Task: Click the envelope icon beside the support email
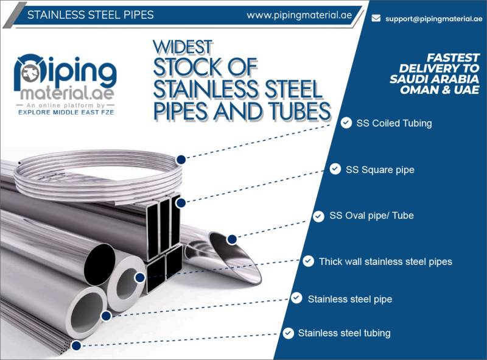[x=376, y=18]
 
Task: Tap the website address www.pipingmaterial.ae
[x=299, y=15]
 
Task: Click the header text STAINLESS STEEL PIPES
[x=90, y=15]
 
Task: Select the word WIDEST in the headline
[x=183, y=47]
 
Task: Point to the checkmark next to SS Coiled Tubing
[x=346, y=123]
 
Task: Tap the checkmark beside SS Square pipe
[x=335, y=169]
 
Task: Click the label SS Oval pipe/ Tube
[x=371, y=216]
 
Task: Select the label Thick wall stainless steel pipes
[x=385, y=261]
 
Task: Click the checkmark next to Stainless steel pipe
[x=296, y=298]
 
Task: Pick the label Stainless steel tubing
[x=344, y=333]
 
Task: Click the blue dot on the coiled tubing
[x=181, y=160]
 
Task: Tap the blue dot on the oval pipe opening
[x=232, y=239]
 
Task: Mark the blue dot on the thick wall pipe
[x=140, y=278]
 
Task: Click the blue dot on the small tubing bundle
[x=76, y=345]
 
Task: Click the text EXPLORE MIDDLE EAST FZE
[x=66, y=112]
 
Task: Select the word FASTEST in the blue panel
[x=453, y=58]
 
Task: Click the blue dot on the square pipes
[x=180, y=203]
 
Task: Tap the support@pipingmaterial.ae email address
[x=433, y=19]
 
